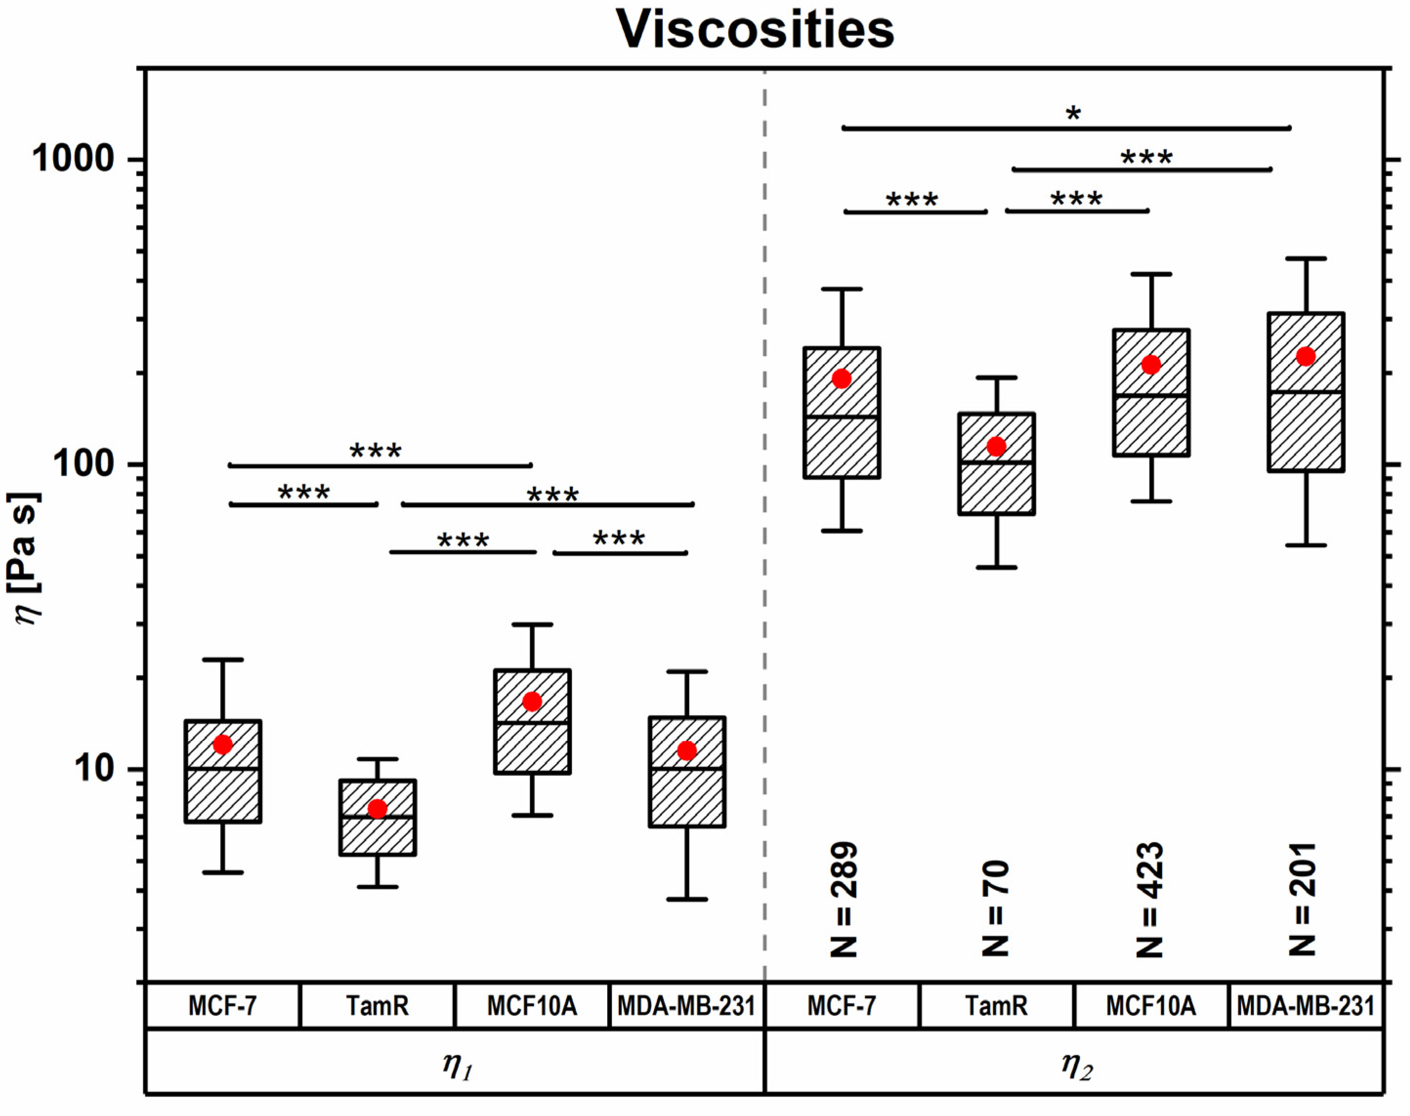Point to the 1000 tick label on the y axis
click(x=73, y=159)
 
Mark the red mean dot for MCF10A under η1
click(x=532, y=702)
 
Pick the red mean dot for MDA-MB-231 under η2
click(x=1306, y=356)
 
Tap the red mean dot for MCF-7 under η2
click(x=841, y=378)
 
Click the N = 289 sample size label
click(x=843, y=900)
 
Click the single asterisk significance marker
click(x=1073, y=114)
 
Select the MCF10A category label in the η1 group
click(x=532, y=1006)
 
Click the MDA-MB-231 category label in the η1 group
click(x=686, y=1006)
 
